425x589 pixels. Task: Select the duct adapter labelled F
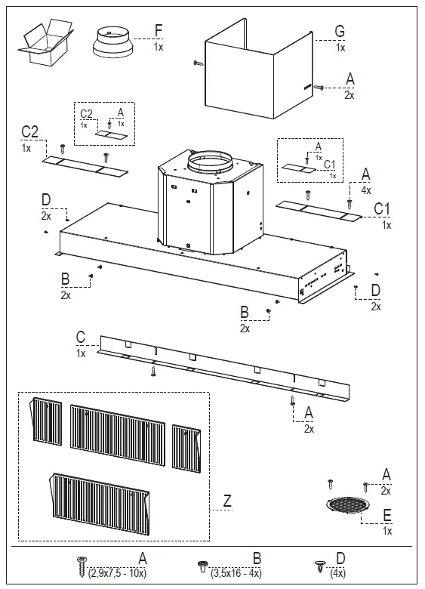[112, 43]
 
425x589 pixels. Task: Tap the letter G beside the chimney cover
[340, 31]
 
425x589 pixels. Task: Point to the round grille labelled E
[348, 504]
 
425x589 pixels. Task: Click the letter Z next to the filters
[227, 501]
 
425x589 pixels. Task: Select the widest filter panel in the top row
[118, 435]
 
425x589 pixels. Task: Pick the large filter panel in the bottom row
[100, 504]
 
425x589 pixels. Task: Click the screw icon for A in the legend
[82, 567]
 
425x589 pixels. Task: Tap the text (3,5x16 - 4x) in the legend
[236, 573]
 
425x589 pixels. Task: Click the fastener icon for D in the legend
[319, 566]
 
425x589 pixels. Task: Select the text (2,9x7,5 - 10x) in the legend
[117, 573]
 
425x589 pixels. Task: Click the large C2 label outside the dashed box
[29, 132]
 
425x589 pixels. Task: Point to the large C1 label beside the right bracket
[382, 209]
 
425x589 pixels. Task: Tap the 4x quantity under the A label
[366, 190]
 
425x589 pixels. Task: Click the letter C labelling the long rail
[81, 338]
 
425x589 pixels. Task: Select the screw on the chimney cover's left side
[199, 63]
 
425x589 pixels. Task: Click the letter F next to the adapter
[159, 31]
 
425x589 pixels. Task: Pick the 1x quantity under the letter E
[387, 531]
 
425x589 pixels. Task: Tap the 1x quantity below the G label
[340, 48]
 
